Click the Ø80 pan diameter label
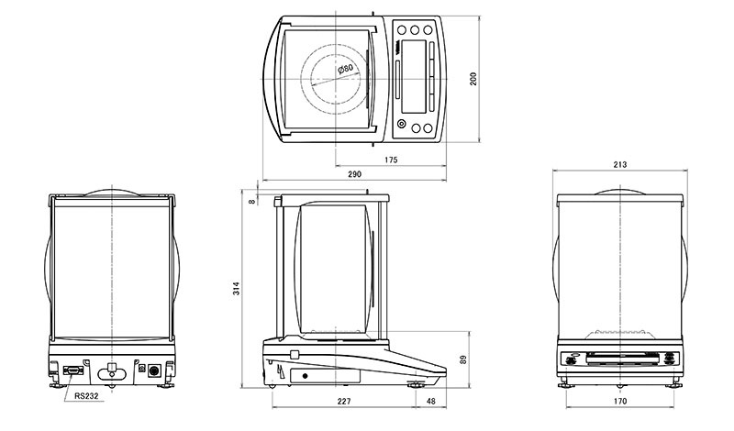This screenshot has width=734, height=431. pos(346,69)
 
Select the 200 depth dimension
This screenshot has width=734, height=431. pos(473,79)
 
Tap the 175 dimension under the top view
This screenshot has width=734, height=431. pos(391,160)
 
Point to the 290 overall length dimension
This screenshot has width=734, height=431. pos(355,174)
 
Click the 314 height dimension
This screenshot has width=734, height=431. pos(237,288)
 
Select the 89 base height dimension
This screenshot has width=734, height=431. pos(463,359)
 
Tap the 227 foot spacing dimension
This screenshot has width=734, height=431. pos(344,401)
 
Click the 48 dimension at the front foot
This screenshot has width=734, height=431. pos(430,401)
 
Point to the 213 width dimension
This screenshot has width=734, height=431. pos(620,165)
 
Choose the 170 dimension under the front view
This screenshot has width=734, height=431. pos(620,401)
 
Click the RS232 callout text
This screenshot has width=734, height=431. pos(86,396)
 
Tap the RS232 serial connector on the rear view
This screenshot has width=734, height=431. pos(73,370)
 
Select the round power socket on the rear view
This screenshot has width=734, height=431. pos(153,371)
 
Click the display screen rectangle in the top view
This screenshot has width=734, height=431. pos(414,76)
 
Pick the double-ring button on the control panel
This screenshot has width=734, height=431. pos(401,124)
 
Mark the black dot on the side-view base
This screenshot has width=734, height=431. pos(306,376)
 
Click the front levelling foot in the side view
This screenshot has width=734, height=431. pos(415,385)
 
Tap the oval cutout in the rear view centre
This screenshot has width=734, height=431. pos(112,374)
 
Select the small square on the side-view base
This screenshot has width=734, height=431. pos(294,355)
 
